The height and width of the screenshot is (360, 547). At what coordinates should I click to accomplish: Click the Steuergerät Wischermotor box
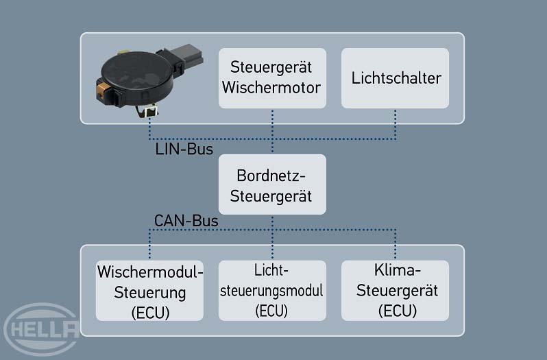[272, 77]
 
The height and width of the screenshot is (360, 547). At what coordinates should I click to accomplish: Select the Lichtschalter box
[395, 77]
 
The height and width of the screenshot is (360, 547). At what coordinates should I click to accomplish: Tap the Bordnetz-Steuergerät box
[272, 184]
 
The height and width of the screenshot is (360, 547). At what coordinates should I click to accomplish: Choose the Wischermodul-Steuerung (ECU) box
[150, 290]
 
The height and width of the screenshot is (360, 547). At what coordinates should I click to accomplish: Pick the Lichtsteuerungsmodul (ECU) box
[272, 290]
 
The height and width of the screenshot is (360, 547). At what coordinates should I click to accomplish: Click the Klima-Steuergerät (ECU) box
[395, 290]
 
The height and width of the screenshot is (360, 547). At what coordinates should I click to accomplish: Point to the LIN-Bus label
[184, 148]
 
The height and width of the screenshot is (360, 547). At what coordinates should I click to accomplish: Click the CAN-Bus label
[186, 221]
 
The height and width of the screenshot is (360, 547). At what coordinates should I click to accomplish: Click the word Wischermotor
[272, 88]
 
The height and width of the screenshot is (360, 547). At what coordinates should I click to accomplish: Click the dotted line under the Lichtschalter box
[396, 123]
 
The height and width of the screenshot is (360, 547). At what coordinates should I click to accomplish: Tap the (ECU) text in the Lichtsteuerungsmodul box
[272, 310]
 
